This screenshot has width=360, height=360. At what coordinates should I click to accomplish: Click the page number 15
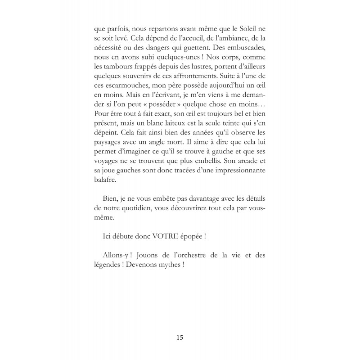(180, 337)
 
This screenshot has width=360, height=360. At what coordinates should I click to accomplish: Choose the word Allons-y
(118, 255)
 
